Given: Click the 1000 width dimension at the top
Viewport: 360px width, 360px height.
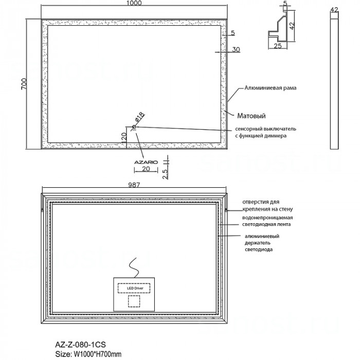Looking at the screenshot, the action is pos(134,3).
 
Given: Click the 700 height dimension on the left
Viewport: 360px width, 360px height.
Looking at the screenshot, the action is pos(24,84).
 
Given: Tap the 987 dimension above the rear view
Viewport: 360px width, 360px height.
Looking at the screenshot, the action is pos(134,185).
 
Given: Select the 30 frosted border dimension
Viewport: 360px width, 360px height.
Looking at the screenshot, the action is pos(236,49).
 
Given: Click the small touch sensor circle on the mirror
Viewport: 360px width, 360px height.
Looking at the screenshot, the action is pos(134,127).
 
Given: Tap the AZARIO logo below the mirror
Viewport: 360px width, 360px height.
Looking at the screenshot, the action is pos(146,163).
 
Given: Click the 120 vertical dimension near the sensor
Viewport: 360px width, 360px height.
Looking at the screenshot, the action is pos(123,137).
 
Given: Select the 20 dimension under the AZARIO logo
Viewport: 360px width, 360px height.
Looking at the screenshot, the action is pos(146,169).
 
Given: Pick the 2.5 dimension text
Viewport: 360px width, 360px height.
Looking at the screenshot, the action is pos(165,174).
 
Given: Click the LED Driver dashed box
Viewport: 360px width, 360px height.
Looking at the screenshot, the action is pos(134,288).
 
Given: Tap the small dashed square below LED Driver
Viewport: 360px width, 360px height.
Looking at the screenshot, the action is pos(134,301).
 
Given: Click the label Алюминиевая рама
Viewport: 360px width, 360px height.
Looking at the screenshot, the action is pos(270,88).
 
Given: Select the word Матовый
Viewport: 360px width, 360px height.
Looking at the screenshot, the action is pos(251,116).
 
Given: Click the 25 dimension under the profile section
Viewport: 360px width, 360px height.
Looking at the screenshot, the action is pos(278,46).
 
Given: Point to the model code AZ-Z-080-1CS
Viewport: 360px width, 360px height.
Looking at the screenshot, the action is pos(81,345).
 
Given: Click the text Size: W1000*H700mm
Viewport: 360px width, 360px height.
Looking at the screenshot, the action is pos(88,354).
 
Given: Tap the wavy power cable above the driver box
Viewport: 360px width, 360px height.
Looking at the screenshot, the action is pos(134,268).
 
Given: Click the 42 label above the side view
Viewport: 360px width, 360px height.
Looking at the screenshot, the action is pos(334,10).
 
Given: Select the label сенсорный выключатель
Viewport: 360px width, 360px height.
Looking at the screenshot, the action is pos(266,129).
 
